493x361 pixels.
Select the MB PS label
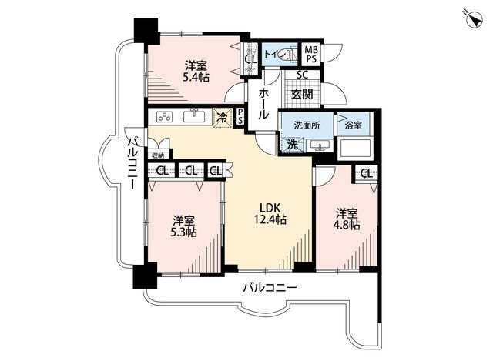311,54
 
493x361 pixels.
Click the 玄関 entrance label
302,94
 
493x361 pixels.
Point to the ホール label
263,104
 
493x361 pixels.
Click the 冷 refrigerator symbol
223,118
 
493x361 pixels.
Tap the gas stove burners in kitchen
165,117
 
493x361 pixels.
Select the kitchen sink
194,116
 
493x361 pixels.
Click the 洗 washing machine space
293,145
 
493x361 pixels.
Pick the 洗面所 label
307,125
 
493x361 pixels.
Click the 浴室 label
353,125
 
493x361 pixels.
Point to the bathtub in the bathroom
355,149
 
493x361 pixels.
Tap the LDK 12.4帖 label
270,213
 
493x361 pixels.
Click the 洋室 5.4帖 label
196,72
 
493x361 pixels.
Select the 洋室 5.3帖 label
184,226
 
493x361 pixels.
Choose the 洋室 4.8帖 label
347,219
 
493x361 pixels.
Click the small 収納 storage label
158,155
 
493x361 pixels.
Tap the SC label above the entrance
303,75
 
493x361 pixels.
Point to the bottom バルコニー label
270,287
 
